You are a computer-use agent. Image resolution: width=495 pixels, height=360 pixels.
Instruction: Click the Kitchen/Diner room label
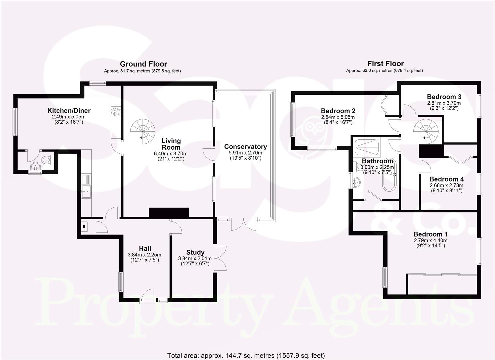[x=69, y=111]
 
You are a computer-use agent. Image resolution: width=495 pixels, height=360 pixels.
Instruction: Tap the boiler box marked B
[x=84, y=227]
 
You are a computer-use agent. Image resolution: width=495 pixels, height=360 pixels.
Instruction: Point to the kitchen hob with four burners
[x=116, y=111]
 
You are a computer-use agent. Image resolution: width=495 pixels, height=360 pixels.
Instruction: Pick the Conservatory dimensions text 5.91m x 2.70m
[x=245, y=153]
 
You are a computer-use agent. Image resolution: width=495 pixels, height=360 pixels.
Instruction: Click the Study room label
[x=195, y=252]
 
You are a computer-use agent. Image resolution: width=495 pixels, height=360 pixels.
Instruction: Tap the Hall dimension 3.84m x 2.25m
[x=144, y=255]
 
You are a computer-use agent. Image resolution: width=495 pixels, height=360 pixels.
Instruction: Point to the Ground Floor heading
[x=143, y=64]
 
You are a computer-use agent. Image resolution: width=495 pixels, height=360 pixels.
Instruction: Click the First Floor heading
[x=385, y=63]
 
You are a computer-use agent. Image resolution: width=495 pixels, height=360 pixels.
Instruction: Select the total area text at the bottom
[x=245, y=355]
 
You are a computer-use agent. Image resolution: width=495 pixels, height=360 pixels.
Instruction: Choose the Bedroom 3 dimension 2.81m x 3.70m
[x=444, y=103]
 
